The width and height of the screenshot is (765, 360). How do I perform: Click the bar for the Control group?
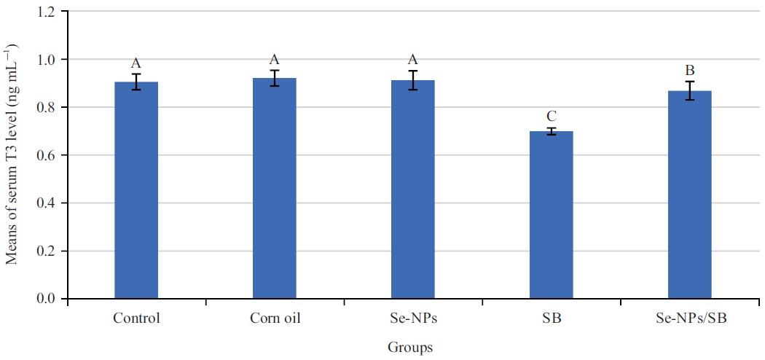click(x=136, y=190)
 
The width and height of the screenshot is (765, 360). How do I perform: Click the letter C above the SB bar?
click(x=552, y=117)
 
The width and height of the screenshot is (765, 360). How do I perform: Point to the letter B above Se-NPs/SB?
click(x=690, y=71)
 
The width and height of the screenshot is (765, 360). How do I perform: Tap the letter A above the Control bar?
click(x=136, y=63)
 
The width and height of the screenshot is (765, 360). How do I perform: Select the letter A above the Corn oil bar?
click(x=275, y=60)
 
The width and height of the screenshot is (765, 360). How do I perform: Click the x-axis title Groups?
click(x=409, y=348)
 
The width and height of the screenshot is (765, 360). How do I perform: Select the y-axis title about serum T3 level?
click(x=12, y=155)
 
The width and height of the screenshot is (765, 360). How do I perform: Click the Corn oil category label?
click(x=275, y=318)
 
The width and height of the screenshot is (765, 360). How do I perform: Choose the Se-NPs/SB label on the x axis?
click(x=690, y=318)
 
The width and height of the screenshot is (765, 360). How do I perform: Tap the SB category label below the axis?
click(x=552, y=318)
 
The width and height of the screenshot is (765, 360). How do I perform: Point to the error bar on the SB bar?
click(x=552, y=131)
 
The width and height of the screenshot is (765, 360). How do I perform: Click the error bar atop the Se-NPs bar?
click(x=413, y=79)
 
